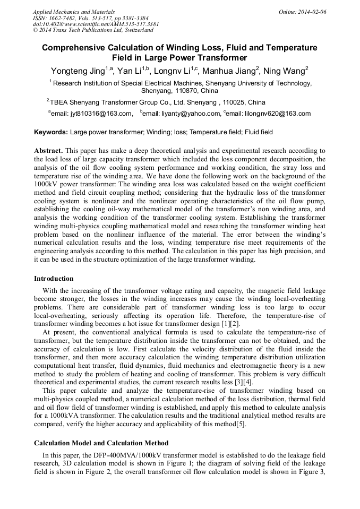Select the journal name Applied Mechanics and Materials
coord(74,11)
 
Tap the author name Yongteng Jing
coord(78,71)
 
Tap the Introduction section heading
coord(54,279)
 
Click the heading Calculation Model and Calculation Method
coord(101,443)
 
